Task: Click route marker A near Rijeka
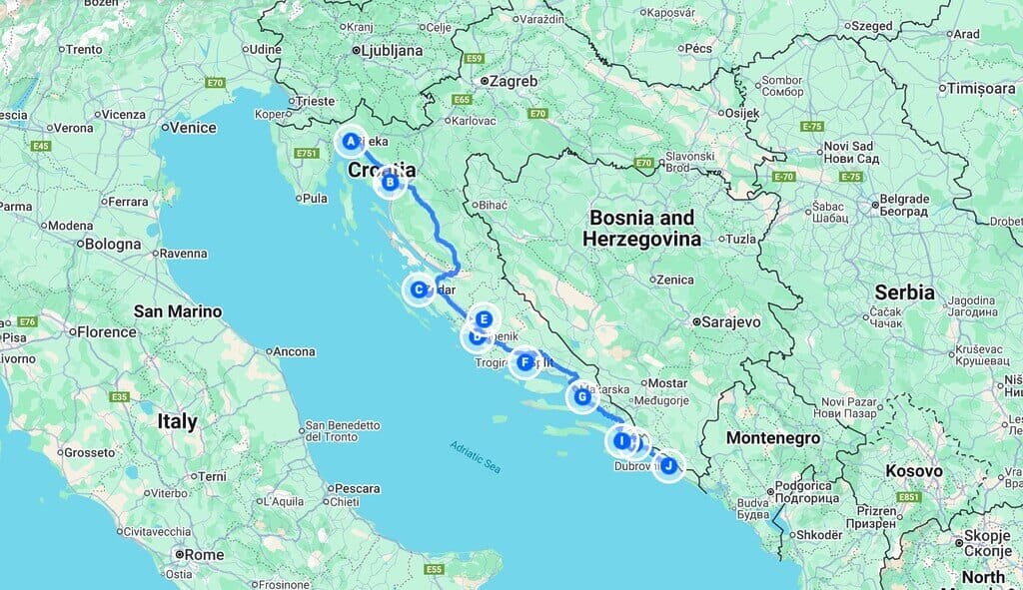pyautogui.click(x=351, y=142)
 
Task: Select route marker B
pyautogui.click(x=391, y=182)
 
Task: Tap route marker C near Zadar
pyautogui.click(x=418, y=290)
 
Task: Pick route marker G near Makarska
pyautogui.click(x=581, y=397)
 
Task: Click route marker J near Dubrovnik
pyautogui.click(x=668, y=465)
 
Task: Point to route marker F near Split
pyautogui.click(x=523, y=361)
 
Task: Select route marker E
pyautogui.click(x=484, y=319)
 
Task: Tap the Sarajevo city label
pyautogui.click(x=732, y=322)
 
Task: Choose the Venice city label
pyautogui.click(x=193, y=128)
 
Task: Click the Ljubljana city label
pyautogui.click(x=392, y=50)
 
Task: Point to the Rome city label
pyautogui.click(x=204, y=554)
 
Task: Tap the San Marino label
pyautogui.click(x=179, y=311)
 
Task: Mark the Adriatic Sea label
pyautogui.click(x=475, y=457)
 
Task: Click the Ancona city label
pyautogui.click(x=294, y=351)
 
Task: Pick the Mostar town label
pyautogui.click(x=667, y=382)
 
